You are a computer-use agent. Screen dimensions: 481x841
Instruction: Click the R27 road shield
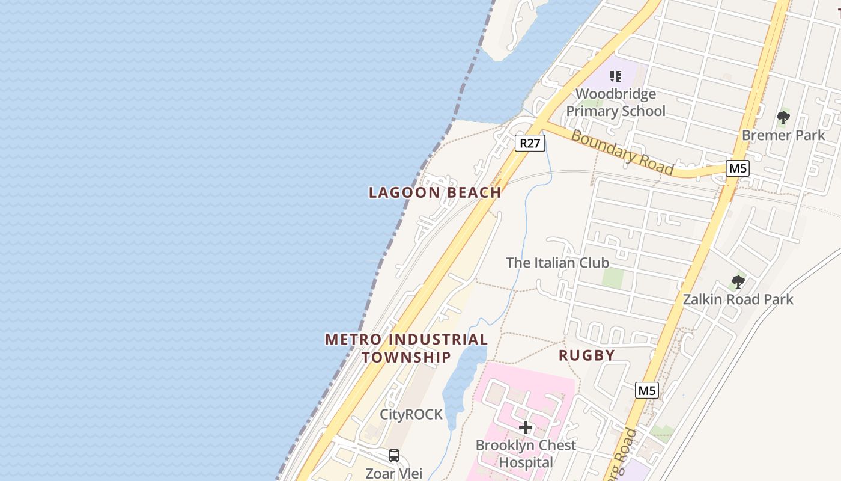530,143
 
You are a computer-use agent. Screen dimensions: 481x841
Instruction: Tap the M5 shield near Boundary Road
738,168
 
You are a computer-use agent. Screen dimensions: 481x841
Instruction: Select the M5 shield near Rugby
646,391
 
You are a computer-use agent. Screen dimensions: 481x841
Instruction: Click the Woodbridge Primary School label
616,102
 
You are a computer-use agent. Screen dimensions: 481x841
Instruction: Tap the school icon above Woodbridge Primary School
615,76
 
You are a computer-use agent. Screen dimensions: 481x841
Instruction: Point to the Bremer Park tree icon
783,117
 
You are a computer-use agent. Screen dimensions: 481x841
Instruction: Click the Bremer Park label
783,135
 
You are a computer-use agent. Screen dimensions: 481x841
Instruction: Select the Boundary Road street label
622,152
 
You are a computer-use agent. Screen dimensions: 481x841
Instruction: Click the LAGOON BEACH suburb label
435,193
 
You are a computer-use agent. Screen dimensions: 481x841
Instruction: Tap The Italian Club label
557,263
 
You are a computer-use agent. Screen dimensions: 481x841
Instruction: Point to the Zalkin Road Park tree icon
738,281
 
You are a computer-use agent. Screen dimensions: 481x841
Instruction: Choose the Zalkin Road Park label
738,299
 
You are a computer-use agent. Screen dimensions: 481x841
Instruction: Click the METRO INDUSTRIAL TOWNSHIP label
407,348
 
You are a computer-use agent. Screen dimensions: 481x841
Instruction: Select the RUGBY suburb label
586,355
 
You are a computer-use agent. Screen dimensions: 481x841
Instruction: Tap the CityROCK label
411,415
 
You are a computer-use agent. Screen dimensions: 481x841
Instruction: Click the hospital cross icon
526,427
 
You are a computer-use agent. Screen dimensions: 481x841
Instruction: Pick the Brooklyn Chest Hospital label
526,454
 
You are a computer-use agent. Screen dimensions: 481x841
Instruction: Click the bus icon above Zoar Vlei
394,456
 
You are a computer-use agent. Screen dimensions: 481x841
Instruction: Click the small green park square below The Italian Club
613,278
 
